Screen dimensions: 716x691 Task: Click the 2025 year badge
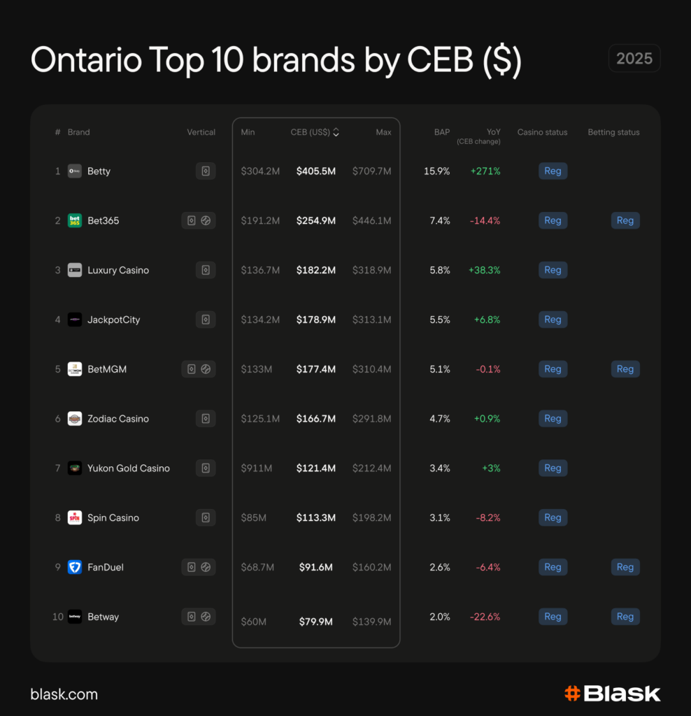point(634,59)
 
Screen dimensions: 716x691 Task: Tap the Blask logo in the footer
point(612,694)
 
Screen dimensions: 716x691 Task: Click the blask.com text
point(64,694)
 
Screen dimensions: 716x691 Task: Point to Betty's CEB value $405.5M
point(315,171)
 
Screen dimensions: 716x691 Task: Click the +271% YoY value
point(485,171)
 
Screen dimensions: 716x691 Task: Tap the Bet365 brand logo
point(75,221)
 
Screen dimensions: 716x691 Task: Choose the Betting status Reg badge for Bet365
point(625,221)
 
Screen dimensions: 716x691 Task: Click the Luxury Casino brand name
point(118,271)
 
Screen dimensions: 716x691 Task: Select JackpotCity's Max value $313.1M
point(371,320)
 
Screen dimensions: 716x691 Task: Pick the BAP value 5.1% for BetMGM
point(440,369)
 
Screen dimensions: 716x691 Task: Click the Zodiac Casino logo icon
point(75,419)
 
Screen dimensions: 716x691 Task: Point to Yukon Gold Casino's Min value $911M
point(257,468)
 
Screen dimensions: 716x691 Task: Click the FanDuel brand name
point(106,568)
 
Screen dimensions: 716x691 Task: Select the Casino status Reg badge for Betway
point(553,617)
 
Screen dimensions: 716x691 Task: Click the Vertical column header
point(201,132)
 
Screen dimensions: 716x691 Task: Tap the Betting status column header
point(613,132)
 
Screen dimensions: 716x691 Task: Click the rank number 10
point(58,617)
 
